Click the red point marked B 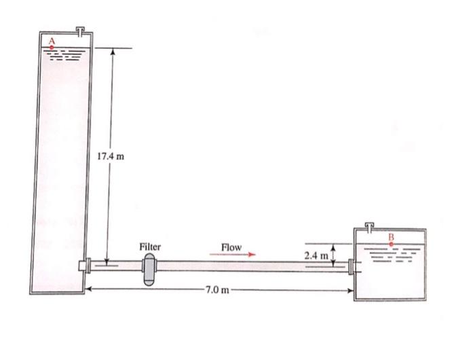tap(391, 242)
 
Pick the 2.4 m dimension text tap(316, 255)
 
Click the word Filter tap(149, 247)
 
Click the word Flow tap(231, 247)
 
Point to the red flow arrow tap(233, 255)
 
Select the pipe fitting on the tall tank tap(85, 266)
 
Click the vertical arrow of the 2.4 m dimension tap(333, 254)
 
